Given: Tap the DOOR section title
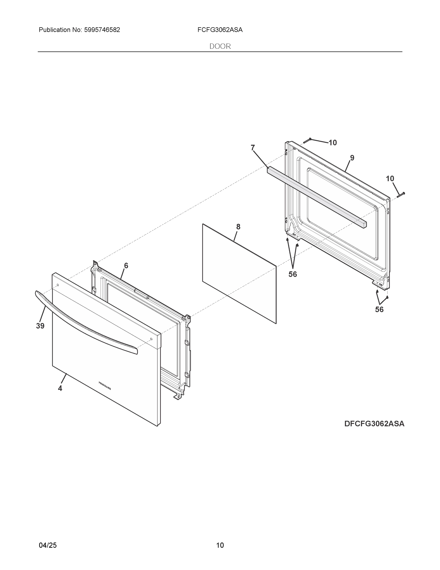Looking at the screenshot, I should (220, 46).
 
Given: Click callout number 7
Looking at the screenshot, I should (253, 148).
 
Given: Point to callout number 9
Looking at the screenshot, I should (352, 158).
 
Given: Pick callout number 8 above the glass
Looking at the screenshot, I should (238, 227).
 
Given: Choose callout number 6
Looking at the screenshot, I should (126, 266).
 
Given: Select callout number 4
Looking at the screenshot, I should (60, 388).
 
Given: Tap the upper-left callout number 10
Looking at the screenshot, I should (333, 143).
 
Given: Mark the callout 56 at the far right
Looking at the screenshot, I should (379, 309).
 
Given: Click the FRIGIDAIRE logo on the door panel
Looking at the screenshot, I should (105, 385).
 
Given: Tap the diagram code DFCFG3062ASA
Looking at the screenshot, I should (374, 424).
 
